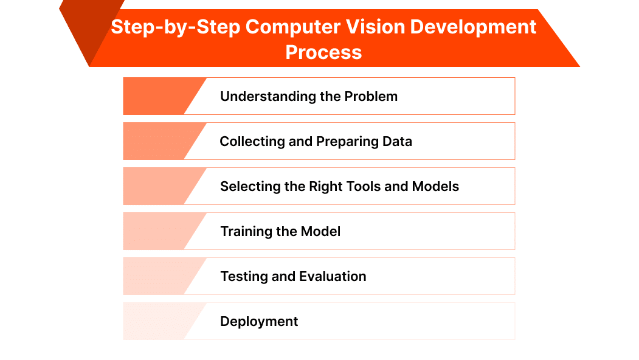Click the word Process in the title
323,52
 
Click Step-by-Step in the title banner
157,27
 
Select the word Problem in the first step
371,96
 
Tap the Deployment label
259,321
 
